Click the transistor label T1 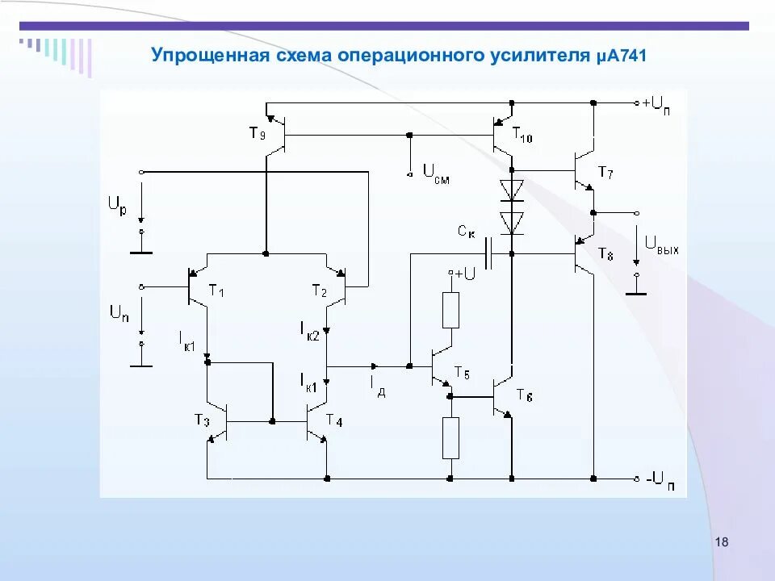216,290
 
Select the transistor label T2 320,290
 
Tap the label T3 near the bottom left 201,420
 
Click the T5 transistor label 462,372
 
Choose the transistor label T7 605,172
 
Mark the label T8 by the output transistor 605,254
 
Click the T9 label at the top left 257,134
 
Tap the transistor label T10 522,137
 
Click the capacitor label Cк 467,232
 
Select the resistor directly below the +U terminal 450,310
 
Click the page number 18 722,542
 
